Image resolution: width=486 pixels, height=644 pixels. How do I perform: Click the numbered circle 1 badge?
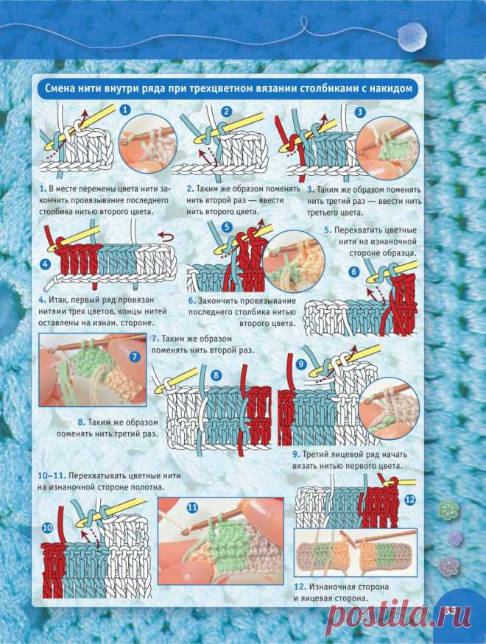[x=126, y=109]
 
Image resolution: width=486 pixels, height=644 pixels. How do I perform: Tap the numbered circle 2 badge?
[x=226, y=111]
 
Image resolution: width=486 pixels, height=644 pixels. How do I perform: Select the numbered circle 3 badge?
[x=360, y=112]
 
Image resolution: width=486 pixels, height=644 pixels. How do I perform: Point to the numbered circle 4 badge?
[x=45, y=263]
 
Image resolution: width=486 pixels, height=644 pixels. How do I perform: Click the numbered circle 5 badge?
[x=227, y=227]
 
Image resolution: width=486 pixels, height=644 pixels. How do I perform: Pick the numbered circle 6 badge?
[x=353, y=271]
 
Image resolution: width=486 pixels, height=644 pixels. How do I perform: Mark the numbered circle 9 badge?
[x=301, y=364]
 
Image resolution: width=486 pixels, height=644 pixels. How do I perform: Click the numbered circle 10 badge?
[x=48, y=528]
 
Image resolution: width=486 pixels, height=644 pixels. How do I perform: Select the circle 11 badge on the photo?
[x=193, y=508]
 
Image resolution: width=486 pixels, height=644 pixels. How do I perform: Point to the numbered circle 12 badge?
[x=410, y=500]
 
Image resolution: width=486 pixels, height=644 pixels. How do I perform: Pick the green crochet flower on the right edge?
[x=447, y=510]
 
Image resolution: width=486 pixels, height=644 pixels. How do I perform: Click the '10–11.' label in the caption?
[x=52, y=476]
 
